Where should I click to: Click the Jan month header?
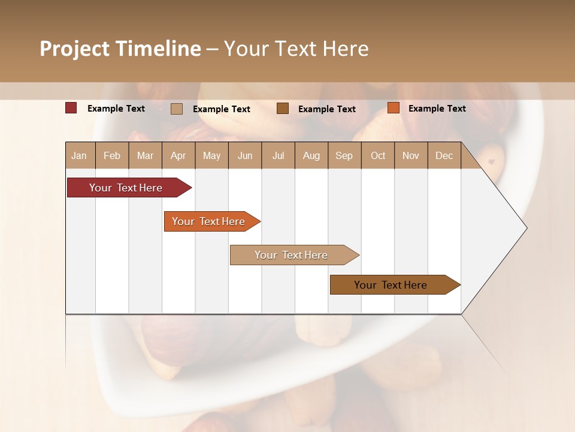click(x=79, y=155)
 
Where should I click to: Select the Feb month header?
click(x=112, y=155)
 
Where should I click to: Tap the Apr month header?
click(x=178, y=155)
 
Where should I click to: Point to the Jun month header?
click(x=245, y=155)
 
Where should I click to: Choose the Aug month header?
click(x=311, y=155)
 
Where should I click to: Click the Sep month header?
click(x=344, y=155)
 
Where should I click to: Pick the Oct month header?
click(x=378, y=155)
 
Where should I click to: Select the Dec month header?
click(x=444, y=155)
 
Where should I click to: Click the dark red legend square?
click(x=71, y=108)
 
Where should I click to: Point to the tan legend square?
click(x=177, y=109)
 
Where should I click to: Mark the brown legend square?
click(x=283, y=109)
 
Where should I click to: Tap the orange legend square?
click(x=393, y=108)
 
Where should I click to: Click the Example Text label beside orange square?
click(x=437, y=109)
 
